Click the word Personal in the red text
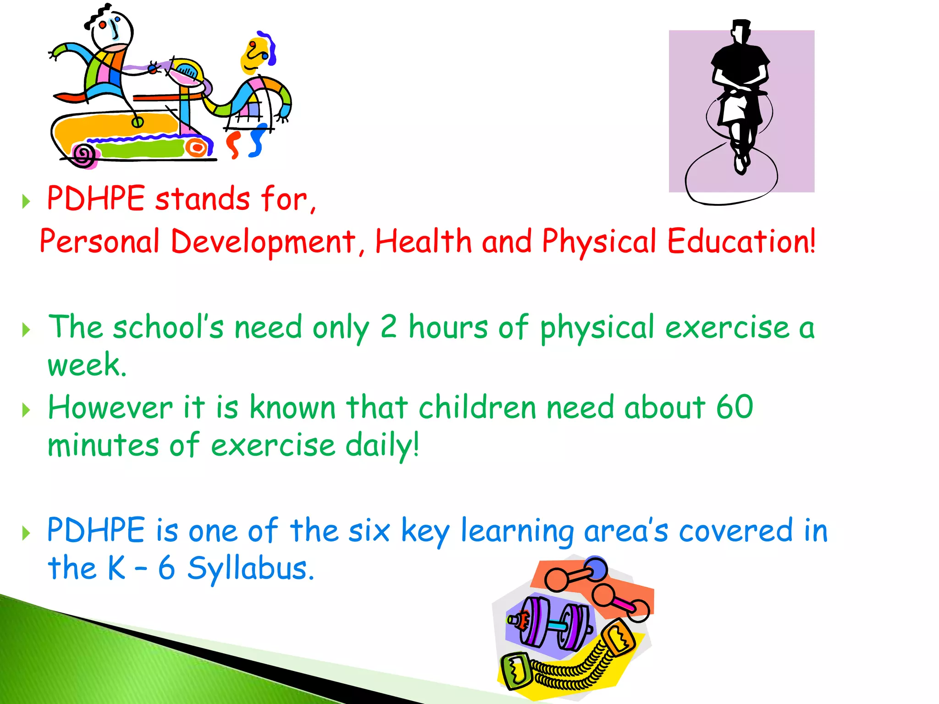99,242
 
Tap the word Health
423,242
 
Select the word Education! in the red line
741,242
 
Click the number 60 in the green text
735,407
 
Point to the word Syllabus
251,568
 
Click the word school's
168,328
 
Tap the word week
87,365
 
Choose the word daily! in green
382,445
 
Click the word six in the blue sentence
369,530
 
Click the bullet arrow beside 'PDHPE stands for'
26,201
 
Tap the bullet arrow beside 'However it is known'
26,410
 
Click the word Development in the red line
263,242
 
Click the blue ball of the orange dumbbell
596,569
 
